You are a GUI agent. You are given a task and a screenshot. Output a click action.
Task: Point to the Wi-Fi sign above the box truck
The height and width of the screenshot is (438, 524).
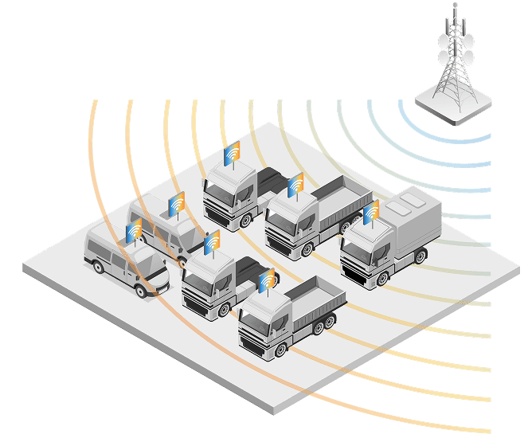(x=371, y=213)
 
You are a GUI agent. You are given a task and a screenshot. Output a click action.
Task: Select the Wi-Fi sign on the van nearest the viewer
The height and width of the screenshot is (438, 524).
(x=135, y=230)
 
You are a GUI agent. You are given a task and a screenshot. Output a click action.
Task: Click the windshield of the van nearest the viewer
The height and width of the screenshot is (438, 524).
(x=149, y=259)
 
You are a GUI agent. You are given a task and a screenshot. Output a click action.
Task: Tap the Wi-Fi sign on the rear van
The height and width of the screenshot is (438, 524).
(x=177, y=204)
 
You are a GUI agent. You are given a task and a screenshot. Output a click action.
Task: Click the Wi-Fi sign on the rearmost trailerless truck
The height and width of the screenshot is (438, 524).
(x=232, y=154)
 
